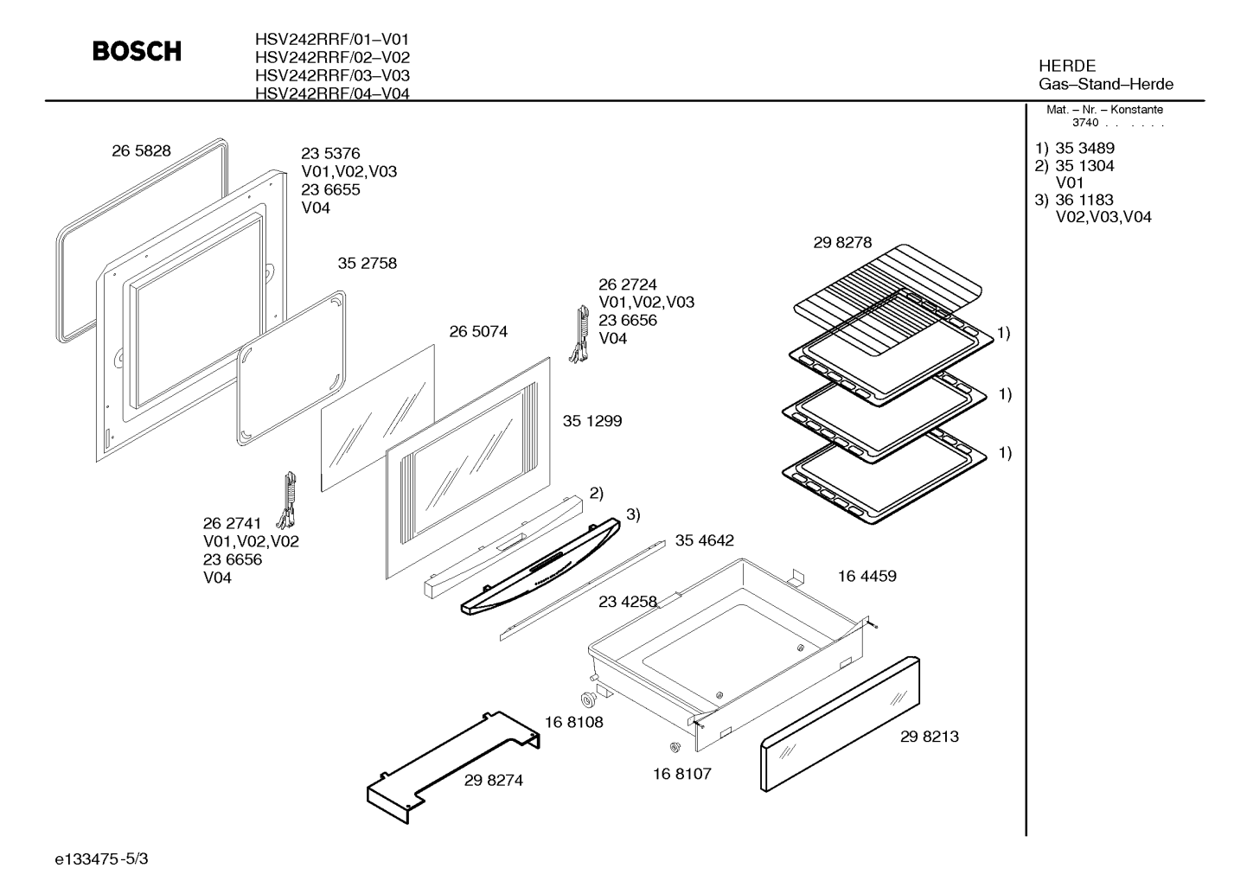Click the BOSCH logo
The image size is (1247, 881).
click(x=137, y=51)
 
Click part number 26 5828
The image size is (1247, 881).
click(x=142, y=150)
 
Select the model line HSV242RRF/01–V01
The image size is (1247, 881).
click(x=332, y=40)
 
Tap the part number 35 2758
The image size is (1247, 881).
click(x=368, y=263)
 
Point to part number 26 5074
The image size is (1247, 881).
click(x=479, y=332)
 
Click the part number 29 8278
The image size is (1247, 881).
click(x=843, y=243)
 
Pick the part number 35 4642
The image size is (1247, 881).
click(x=705, y=540)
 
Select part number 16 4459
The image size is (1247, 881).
click(x=867, y=576)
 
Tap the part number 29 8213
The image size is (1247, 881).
click(x=930, y=737)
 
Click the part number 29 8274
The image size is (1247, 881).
click(x=494, y=781)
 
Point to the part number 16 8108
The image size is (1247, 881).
click(x=574, y=723)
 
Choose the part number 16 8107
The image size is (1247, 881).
click(x=682, y=774)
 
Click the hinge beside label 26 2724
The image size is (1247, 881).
click(x=579, y=334)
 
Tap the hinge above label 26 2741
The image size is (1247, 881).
click(x=288, y=501)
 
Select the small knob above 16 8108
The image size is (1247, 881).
click(x=588, y=699)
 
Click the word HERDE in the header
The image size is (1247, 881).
click(x=1067, y=67)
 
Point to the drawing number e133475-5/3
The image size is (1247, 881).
click(x=101, y=859)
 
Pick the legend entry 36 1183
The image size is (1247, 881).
click(x=1084, y=200)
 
